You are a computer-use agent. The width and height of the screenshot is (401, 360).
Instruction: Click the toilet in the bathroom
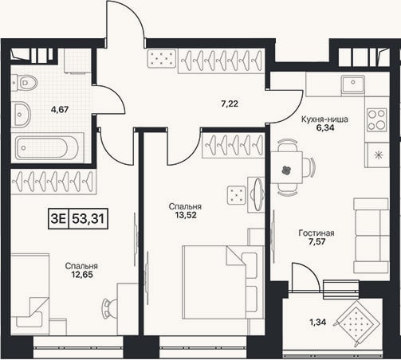pyautogui.click(x=25, y=83)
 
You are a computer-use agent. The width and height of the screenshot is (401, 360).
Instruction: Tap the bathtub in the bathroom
pyautogui.click(x=47, y=148)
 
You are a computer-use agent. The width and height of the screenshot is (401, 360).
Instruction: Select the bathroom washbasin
pyautogui.click(x=22, y=115)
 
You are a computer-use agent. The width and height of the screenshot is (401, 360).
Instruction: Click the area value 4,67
pyautogui.click(x=61, y=109)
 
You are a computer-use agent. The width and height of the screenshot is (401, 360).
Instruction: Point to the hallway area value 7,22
pyautogui.click(x=230, y=104)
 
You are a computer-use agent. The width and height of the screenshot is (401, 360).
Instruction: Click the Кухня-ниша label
pyautogui.click(x=324, y=119)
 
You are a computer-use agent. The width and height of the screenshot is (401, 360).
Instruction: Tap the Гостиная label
pyautogui.click(x=316, y=233)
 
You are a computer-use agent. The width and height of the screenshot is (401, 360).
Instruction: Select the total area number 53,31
pyautogui.click(x=88, y=219)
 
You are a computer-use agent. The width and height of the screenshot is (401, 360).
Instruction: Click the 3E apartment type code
pyautogui.click(x=58, y=219)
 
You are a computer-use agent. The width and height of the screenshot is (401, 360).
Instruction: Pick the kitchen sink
pyautogui.click(x=353, y=84)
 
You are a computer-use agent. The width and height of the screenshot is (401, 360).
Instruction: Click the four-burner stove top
pyautogui.click(x=377, y=119)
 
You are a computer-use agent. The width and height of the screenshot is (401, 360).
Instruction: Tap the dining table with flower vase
pyautogui.click(x=286, y=167)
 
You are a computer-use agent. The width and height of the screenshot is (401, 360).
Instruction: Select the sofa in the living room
pyautogui.click(x=372, y=235)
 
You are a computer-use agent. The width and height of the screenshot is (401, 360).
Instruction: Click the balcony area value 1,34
pyautogui.click(x=317, y=322)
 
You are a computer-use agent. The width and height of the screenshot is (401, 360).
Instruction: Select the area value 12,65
pyautogui.click(x=82, y=275)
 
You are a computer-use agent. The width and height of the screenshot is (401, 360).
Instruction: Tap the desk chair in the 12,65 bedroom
pyautogui.click(x=109, y=309)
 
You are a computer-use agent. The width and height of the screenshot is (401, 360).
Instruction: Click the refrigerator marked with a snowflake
pyautogui.click(x=377, y=155)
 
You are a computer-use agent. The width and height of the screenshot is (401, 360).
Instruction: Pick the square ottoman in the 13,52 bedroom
pyautogui.click(x=237, y=195)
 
